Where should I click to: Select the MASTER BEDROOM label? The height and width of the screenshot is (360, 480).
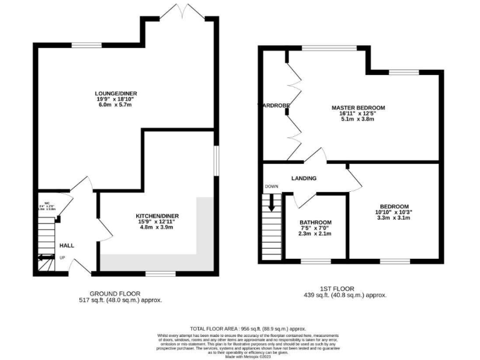tap(357, 107)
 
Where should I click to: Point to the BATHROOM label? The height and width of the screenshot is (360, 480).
tap(315, 222)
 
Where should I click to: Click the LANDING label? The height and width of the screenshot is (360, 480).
tap(304, 179)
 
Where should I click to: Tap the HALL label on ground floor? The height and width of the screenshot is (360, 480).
tap(66, 246)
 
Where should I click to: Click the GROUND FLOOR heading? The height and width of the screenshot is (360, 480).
tap(115, 293)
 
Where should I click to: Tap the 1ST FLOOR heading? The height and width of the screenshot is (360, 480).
tap(344, 288)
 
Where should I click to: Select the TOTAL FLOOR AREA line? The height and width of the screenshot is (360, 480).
tap(247, 328)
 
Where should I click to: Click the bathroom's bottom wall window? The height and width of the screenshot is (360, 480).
tap(311, 259)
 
